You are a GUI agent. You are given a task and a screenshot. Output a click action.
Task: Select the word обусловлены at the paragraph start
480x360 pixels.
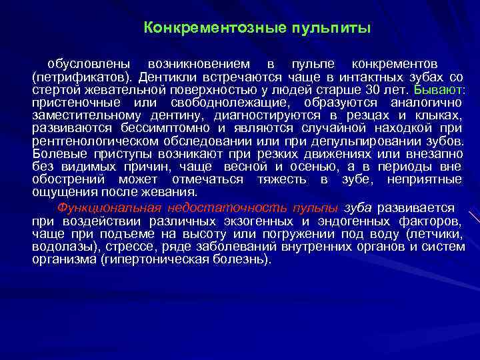click(83, 65)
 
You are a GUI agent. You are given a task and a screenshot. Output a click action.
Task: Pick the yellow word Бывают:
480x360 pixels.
click(438, 89)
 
